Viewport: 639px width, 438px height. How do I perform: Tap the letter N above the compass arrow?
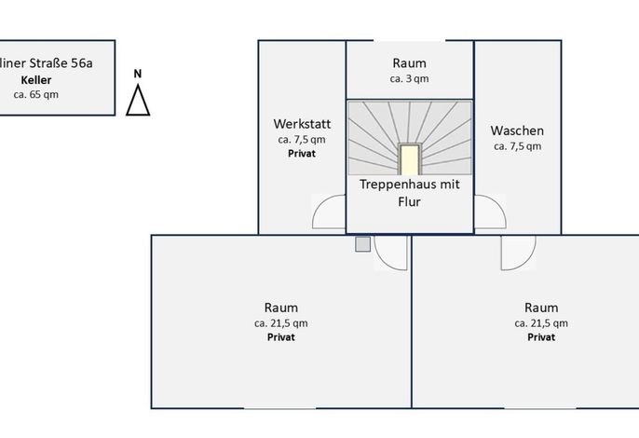pyautogui.click(x=138, y=74)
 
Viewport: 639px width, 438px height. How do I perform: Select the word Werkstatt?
pyautogui.click(x=302, y=124)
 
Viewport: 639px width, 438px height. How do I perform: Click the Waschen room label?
pyautogui.click(x=517, y=130)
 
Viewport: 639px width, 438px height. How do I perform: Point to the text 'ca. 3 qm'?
pyautogui.click(x=409, y=78)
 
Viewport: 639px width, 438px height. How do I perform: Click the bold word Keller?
pyautogui.click(x=36, y=80)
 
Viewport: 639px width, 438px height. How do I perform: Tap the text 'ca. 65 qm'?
pyautogui.click(x=35, y=95)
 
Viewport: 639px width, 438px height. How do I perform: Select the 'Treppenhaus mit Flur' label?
pyautogui.click(x=410, y=193)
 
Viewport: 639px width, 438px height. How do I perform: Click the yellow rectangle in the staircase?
pyautogui.click(x=410, y=160)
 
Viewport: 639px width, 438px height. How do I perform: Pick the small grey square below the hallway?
pyautogui.click(x=362, y=244)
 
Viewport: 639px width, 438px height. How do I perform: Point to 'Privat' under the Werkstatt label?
pyautogui.click(x=302, y=154)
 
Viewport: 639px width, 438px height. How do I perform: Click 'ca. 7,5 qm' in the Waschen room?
pyautogui.click(x=518, y=146)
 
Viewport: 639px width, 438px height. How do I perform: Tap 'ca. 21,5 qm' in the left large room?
pyautogui.click(x=281, y=323)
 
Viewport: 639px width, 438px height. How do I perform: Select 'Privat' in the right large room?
pyautogui.click(x=541, y=336)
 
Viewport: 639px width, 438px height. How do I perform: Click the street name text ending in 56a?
pyautogui.click(x=46, y=63)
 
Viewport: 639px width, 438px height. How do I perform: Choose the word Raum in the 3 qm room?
pyautogui.click(x=410, y=63)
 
